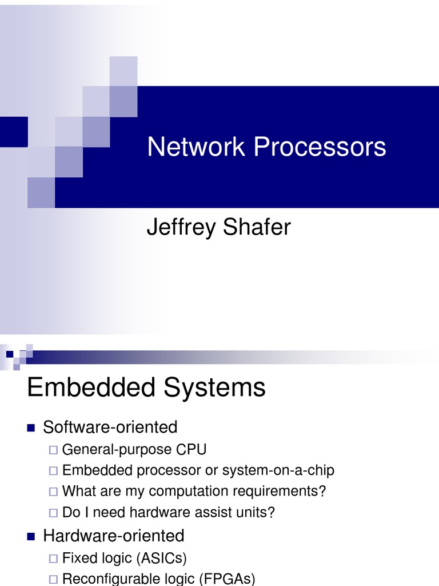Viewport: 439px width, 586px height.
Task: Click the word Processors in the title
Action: click(x=320, y=147)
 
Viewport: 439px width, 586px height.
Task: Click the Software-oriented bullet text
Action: click(x=110, y=427)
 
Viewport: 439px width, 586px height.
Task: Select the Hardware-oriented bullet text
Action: click(x=114, y=536)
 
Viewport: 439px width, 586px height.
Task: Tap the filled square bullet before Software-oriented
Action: click(x=31, y=427)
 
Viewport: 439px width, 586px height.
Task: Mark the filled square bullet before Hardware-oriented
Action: click(x=31, y=536)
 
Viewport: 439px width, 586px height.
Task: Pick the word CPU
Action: click(x=191, y=449)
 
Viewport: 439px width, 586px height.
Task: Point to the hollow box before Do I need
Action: click(x=53, y=513)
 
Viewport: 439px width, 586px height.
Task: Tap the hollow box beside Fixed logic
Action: click(x=53, y=558)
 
